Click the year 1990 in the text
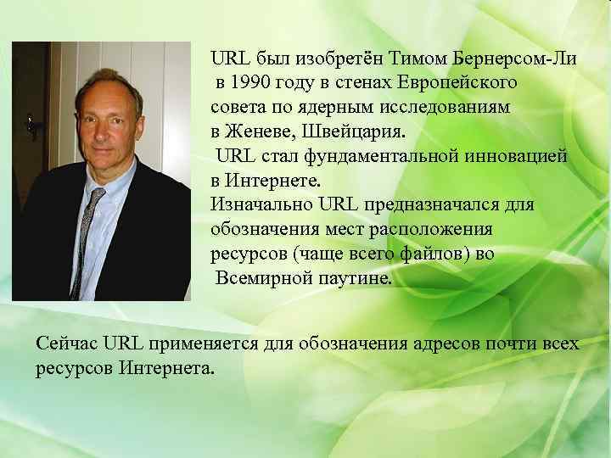click(253, 85)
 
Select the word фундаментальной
click(397, 157)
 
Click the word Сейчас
click(67, 343)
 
